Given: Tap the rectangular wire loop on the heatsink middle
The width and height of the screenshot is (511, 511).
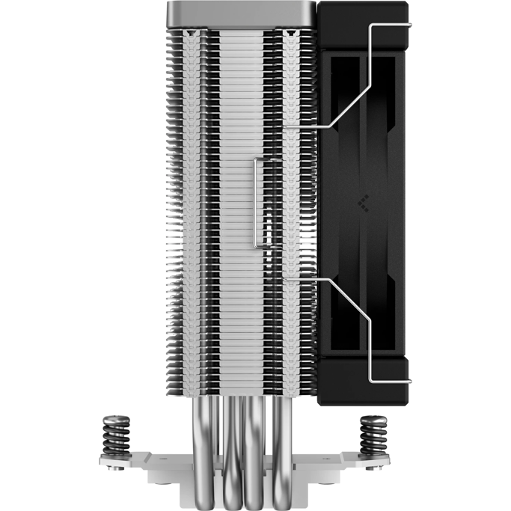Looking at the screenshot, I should click(258, 202).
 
